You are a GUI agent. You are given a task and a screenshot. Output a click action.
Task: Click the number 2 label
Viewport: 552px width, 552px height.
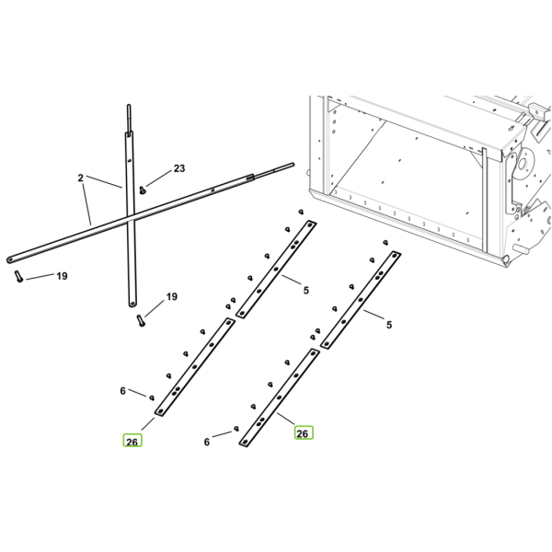point(81,178)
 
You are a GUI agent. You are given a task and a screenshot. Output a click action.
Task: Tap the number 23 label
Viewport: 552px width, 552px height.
point(179,168)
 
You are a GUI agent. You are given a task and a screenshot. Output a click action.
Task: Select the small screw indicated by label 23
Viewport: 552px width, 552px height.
point(143,190)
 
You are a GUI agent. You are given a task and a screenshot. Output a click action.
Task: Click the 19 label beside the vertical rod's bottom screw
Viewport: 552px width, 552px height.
point(172,297)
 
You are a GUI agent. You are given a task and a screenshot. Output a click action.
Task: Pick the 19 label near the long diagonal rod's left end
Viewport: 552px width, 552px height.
point(62,276)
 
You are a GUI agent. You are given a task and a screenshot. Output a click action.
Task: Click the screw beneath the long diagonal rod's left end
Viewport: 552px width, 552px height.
point(18,276)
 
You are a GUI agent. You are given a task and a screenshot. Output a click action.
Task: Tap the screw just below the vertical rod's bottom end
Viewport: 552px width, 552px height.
point(141,321)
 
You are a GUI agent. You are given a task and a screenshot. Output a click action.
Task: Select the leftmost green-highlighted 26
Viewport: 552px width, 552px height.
point(132,441)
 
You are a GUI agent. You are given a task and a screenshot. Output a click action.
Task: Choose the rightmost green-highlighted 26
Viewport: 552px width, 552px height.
point(303,432)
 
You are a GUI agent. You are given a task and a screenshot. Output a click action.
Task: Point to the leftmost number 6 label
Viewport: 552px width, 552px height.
point(122,391)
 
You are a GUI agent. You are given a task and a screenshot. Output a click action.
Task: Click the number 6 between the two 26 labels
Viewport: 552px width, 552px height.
point(207,442)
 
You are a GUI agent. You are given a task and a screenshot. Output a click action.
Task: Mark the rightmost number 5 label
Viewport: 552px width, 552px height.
point(389,325)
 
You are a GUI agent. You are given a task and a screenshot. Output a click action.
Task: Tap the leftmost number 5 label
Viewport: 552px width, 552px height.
point(306,291)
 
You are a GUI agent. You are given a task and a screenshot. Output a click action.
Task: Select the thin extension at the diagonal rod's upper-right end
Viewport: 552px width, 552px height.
point(273,169)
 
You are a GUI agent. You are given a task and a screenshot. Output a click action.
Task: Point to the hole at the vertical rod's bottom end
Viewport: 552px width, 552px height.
point(132,303)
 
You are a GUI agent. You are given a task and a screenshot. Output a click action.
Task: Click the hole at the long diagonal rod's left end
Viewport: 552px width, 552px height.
point(10,259)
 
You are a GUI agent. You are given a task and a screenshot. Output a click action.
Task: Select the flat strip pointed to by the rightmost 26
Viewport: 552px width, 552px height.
point(279,398)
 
